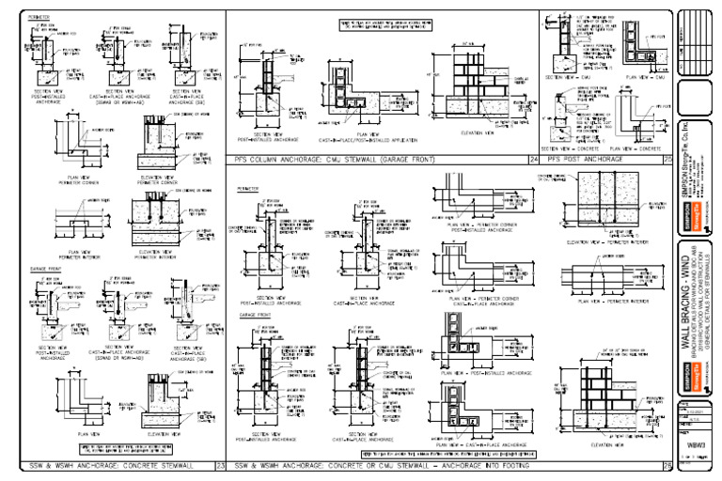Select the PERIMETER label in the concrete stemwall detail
[38, 16]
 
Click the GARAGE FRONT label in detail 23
[41, 271]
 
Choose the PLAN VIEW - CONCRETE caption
[636, 148]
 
